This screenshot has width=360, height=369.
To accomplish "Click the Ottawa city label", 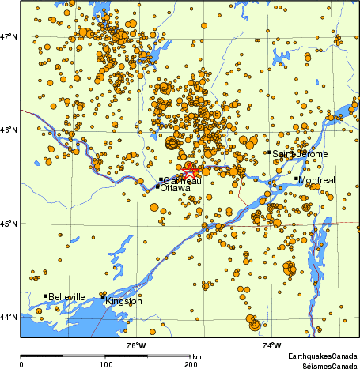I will tap(175, 189).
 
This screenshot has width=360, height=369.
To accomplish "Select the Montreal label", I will tap(317, 180).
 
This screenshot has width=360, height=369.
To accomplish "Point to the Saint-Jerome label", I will tap(300, 154).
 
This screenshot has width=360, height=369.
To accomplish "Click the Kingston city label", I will tap(123, 301).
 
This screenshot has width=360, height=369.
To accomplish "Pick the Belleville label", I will tap(66, 297).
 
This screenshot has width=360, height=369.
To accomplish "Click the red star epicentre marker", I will tap(191, 171).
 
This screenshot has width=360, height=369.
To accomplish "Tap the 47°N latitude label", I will tap(9, 36).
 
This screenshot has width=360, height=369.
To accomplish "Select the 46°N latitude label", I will tap(9, 130).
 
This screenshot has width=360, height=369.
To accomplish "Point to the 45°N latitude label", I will tap(9, 224).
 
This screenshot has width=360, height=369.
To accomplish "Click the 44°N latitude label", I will tap(9, 318).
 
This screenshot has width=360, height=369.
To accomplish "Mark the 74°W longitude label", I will tap(272, 345).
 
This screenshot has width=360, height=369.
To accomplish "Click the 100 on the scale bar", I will tap(105, 364).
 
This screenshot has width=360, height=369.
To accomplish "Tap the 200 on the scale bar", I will tap(190, 364).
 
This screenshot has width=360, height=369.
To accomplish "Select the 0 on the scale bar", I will tap(21, 364).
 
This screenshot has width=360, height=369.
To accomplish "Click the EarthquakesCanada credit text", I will tap(322, 356).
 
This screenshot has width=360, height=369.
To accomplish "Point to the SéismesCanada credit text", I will tap(324, 365).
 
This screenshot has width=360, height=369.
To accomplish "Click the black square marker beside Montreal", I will tap(296, 179).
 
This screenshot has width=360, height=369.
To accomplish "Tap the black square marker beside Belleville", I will tap(45, 296).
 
